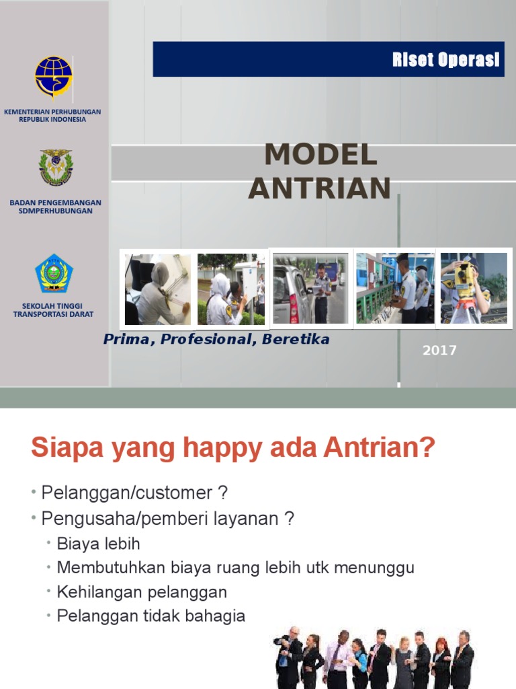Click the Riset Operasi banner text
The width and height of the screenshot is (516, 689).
445,60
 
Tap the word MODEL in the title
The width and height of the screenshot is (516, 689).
320,155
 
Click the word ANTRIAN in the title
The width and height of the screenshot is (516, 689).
319,188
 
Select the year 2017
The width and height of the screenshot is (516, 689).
439,350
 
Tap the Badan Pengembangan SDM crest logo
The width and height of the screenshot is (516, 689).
56,168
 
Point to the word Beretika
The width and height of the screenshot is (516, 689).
296,339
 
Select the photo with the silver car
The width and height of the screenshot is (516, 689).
310,289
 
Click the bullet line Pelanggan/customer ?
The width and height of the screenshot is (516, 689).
134,493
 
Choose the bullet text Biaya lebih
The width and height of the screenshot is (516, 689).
98,544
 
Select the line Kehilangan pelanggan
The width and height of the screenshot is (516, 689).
142,592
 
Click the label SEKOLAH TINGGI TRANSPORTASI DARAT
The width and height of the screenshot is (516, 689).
53,310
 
